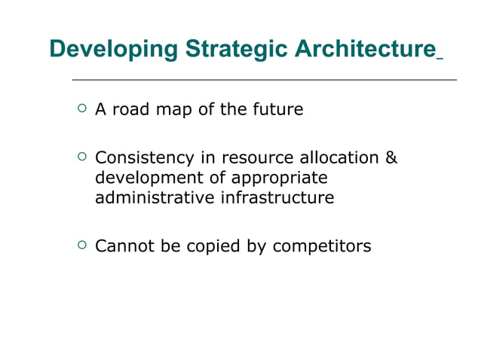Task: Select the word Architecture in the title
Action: click(x=363, y=50)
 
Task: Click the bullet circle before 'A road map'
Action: click(x=81, y=108)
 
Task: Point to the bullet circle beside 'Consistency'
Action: click(x=81, y=157)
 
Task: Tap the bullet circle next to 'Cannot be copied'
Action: click(x=81, y=245)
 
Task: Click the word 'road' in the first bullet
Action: click(x=133, y=110)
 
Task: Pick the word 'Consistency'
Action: click(x=143, y=159)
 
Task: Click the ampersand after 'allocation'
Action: click(x=391, y=159)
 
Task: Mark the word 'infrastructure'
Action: click(x=277, y=199)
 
